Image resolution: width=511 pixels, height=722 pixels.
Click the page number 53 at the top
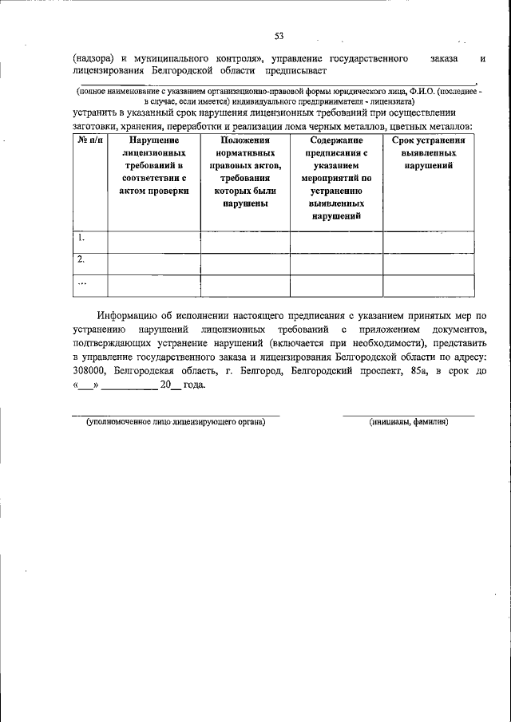(x=279, y=36)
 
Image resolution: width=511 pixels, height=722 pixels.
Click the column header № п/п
(x=89, y=140)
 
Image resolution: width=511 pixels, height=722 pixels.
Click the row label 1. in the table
(x=81, y=238)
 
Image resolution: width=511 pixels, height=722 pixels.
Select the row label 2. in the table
(x=81, y=259)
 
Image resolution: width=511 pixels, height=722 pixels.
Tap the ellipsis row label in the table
(x=81, y=282)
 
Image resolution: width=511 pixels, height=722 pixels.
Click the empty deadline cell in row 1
(x=429, y=242)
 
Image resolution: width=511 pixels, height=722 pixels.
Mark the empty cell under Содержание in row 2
(x=336, y=263)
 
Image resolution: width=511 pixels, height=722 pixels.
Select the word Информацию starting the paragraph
(x=129, y=316)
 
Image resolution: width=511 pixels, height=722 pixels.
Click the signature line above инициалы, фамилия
(x=409, y=415)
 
